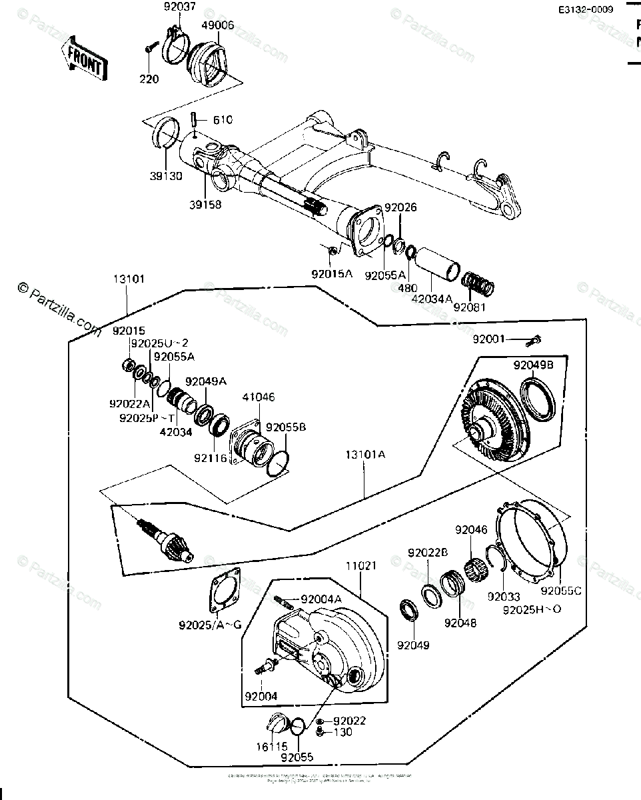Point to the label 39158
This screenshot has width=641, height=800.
[204, 204]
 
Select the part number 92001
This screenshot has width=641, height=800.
[490, 339]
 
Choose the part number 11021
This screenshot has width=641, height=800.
[360, 565]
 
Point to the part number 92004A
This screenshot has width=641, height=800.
[321, 599]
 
